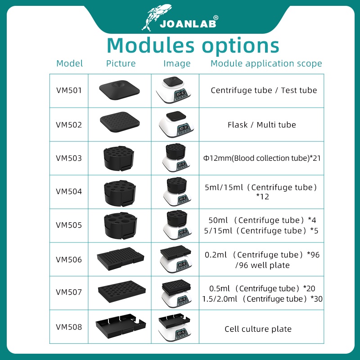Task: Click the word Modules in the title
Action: click(x=150, y=45)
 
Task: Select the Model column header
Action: click(x=69, y=63)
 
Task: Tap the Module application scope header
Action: click(x=266, y=63)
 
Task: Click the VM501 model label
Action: click(x=69, y=90)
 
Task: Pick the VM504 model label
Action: click(x=69, y=191)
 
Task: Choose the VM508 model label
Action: click(x=69, y=327)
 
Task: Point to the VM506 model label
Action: click(x=69, y=260)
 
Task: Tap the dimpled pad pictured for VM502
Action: click(x=121, y=123)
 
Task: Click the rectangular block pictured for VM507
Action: click(x=121, y=292)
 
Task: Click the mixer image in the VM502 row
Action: click(x=177, y=125)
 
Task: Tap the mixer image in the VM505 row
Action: click(x=177, y=225)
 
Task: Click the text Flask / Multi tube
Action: click(x=261, y=125)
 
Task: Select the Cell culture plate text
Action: click(x=258, y=329)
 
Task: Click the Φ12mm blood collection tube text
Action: click(x=261, y=158)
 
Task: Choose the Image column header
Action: click(x=177, y=63)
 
